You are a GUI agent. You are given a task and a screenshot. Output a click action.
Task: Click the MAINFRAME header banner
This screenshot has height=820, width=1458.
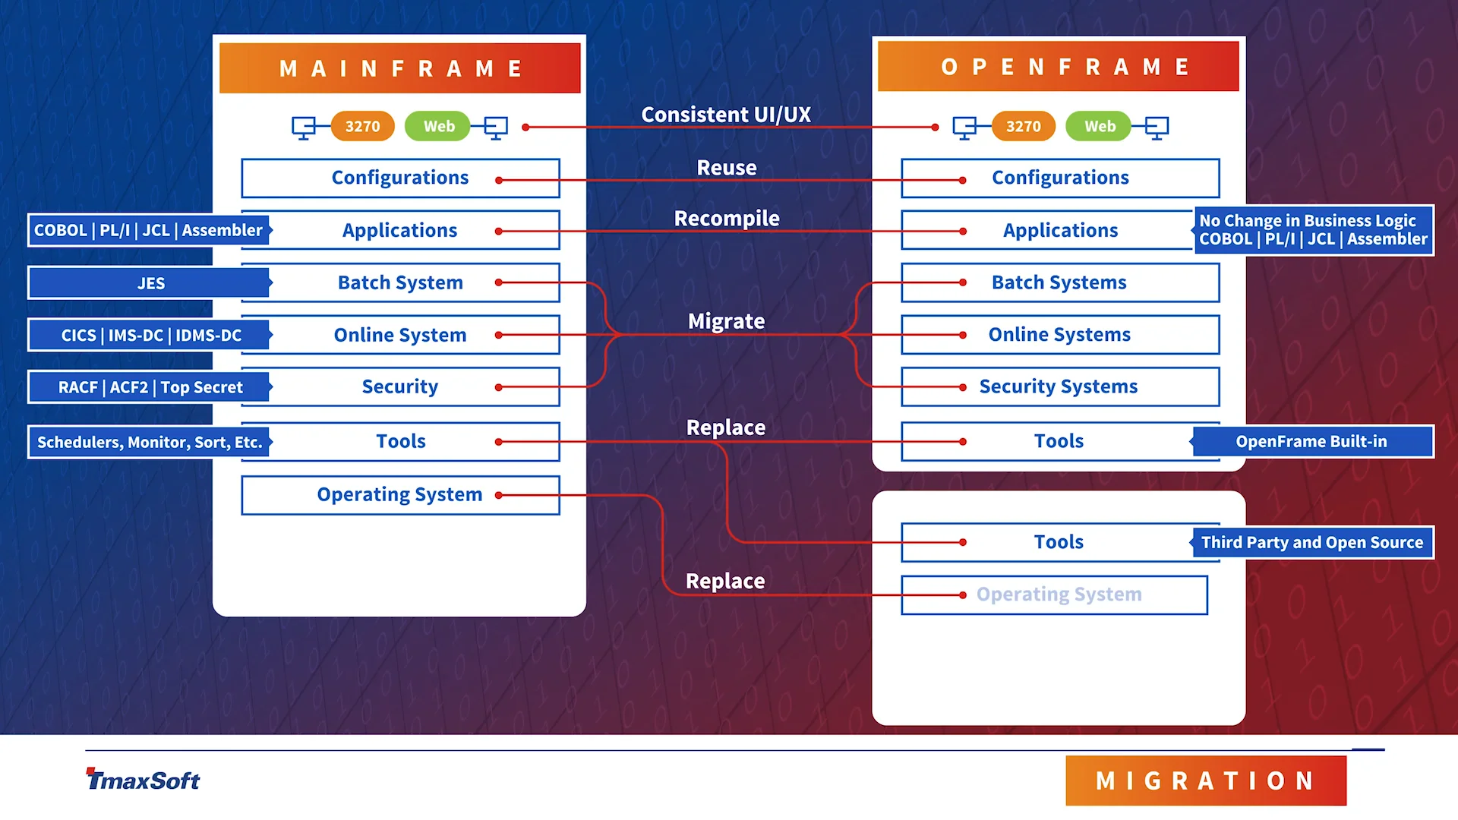point(399,68)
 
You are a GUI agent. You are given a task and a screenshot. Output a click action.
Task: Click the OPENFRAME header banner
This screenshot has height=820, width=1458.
point(1058,67)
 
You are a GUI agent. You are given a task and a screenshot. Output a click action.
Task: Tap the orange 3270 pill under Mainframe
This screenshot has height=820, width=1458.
point(362,126)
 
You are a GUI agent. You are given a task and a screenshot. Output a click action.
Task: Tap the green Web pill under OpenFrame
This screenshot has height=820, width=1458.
point(1099,126)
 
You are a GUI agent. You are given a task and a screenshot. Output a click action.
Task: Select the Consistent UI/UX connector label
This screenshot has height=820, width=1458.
point(726,115)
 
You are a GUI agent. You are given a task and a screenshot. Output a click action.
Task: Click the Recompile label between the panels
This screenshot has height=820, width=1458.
point(727,219)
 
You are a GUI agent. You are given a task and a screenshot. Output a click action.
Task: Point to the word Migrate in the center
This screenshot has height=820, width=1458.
point(726,321)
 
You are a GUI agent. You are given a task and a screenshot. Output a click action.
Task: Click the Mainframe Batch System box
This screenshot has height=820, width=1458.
point(400,282)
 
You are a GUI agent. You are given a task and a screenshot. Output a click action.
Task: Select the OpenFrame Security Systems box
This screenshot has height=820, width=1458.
point(1059,386)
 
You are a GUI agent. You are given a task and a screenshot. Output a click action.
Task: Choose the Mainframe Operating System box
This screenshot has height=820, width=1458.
point(400,495)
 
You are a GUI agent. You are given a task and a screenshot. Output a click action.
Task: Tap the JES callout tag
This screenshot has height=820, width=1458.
point(150,283)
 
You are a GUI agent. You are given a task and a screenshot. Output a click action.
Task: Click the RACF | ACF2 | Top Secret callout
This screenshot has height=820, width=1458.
point(150,387)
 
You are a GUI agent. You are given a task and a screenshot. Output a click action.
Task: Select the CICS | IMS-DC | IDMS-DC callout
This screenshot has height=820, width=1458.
point(150,335)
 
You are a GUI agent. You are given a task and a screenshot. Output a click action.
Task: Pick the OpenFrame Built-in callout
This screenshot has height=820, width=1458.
point(1311,441)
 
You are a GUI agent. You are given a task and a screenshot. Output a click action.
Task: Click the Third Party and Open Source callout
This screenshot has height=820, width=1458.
point(1311,542)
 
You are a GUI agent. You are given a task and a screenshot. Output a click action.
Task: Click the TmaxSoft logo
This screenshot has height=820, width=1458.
point(143,780)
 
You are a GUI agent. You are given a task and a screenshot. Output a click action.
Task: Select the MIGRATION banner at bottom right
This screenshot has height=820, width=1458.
point(1205,781)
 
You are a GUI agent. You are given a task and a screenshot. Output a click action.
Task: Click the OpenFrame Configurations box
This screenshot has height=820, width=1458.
point(1060,178)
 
